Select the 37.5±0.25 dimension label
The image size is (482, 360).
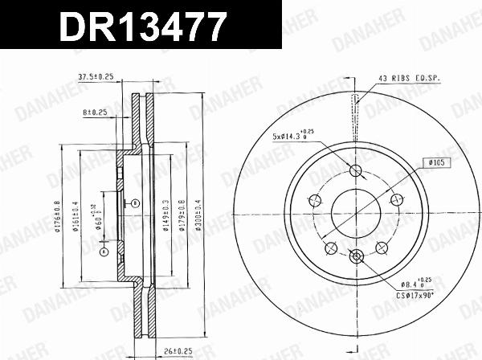point(95,77)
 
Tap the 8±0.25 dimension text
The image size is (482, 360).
point(97,113)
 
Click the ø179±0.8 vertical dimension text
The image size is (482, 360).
point(181,215)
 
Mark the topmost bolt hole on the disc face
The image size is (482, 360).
point(357,170)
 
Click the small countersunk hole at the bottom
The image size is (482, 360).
point(357,257)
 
